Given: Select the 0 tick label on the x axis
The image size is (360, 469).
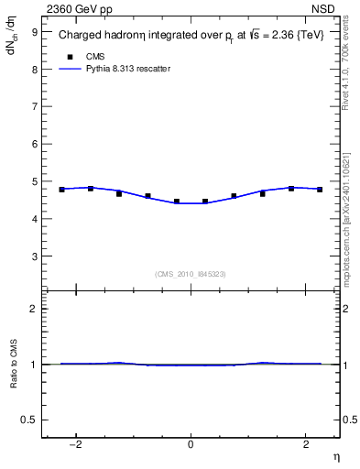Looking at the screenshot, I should pos(191,444).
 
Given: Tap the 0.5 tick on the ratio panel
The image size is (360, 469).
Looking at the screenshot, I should pos(29,419).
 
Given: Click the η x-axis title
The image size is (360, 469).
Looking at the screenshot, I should pos(335,456).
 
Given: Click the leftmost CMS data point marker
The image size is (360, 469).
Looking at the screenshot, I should pos(61,190).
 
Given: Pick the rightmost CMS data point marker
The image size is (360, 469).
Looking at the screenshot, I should pos(320,190).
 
